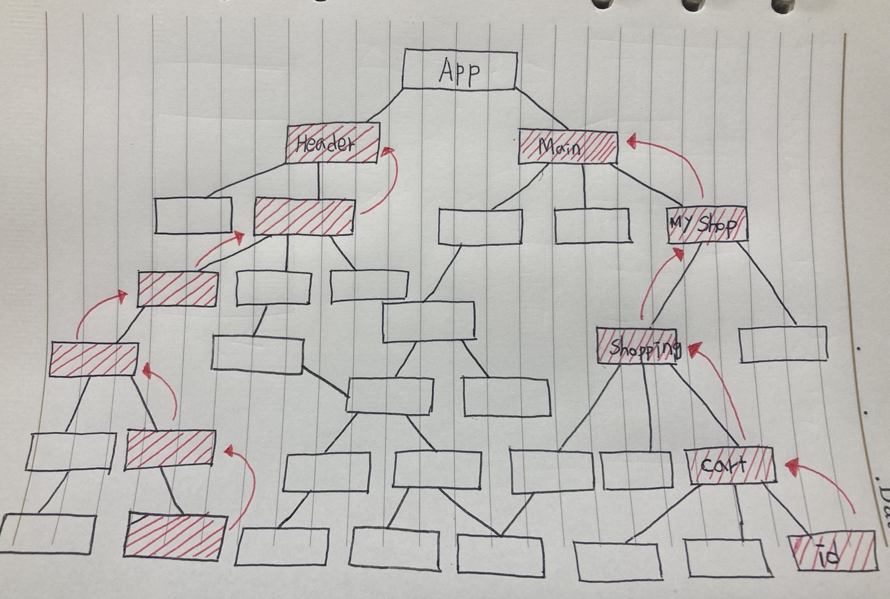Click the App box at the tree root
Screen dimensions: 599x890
click(459, 70)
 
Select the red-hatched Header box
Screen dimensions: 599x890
click(332, 143)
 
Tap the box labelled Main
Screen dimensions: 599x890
click(567, 147)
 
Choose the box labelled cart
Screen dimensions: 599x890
click(732, 465)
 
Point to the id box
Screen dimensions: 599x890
click(833, 551)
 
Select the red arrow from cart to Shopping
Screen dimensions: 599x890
click(726, 389)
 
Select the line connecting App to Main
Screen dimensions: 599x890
click(542, 109)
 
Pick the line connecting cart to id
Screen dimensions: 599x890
click(787, 510)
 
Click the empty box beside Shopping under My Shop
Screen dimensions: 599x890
click(782, 344)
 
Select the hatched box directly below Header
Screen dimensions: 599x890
click(304, 216)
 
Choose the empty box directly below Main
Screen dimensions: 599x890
click(591, 226)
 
